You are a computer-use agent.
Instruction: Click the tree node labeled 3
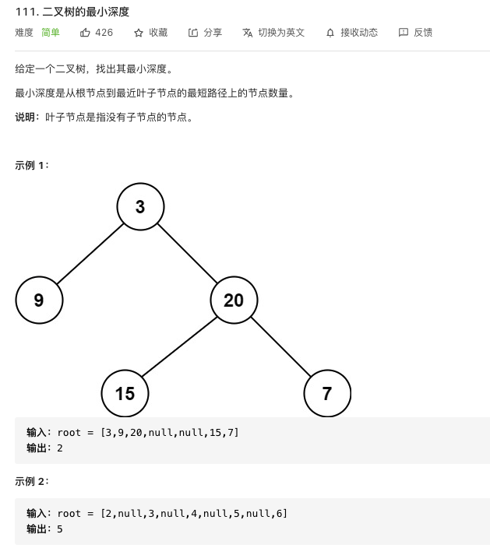pos(140,206)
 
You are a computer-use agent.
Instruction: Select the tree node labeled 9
pos(39,300)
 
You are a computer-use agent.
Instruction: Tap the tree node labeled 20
pos(234,300)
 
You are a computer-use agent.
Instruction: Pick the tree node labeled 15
pos(125,393)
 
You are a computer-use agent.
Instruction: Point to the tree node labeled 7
pos(327,393)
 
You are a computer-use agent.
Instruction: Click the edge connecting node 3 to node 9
pos(90,254)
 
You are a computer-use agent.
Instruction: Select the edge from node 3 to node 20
pos(187,253)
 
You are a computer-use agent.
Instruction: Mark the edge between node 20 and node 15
pos(179,346)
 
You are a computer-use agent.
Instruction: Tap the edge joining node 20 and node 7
pos(281,346)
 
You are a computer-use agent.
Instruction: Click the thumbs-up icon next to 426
pos(85,33)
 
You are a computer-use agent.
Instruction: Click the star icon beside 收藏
pos(139,33)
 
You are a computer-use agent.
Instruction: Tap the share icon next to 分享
pos(193,33)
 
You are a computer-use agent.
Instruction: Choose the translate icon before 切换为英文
pos(247,33)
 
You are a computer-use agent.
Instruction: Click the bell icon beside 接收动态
pos(330,33)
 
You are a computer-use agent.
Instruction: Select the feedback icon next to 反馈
pos(404,33)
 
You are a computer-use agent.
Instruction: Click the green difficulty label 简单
pos(51,33)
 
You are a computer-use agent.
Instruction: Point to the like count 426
pos(104,33)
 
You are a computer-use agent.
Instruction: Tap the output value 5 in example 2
pos(60,529)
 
